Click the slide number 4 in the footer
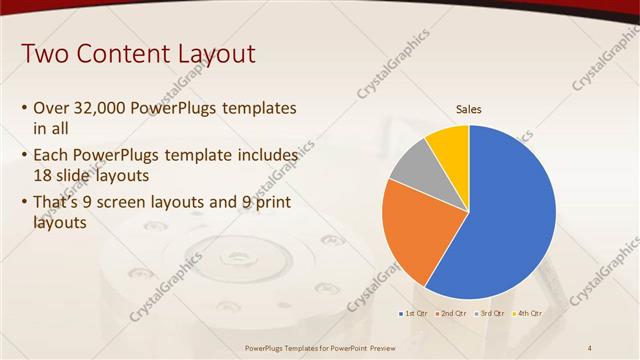click(590, 347)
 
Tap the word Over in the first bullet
click(51, 108)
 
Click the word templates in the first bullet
click(260, 108)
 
